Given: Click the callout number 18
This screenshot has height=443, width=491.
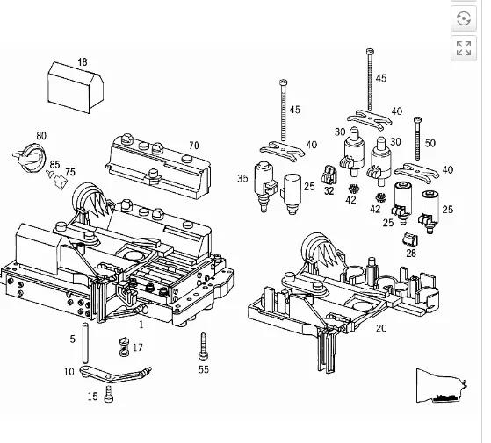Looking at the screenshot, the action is point(83,62).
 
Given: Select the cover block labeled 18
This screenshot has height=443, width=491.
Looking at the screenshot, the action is point(76,88).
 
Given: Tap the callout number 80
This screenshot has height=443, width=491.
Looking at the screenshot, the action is point(41,136).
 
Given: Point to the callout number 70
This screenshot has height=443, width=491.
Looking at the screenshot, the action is point(194,146).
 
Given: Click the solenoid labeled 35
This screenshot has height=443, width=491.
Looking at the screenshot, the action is point(264,187).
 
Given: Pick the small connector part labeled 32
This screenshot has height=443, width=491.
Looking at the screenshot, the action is point(329,175).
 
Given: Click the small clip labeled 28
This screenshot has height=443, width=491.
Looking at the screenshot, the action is point(410,239).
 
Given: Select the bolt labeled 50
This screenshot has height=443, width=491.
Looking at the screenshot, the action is point(417,139).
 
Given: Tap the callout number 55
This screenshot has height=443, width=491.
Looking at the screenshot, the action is point(204,369).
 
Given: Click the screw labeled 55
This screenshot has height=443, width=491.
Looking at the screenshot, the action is point(203,347).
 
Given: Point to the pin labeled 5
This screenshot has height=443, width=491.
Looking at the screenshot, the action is point(85,342).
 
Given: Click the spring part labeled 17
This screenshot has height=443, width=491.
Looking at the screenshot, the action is point(125,347).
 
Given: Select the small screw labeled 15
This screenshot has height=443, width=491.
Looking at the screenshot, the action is point(109,394).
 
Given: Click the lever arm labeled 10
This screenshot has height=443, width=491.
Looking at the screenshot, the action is point(115,374).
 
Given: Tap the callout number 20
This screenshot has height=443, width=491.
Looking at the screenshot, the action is point(381,328).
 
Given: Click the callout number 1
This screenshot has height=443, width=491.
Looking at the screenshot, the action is point(141,325).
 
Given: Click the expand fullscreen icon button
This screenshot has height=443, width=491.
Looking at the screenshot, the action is point(464,48).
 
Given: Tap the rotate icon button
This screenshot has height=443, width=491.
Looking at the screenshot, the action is point(464,18).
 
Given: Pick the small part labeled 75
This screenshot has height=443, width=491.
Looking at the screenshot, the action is point(61,182).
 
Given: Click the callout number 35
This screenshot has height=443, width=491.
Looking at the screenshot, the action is point(242,178).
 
